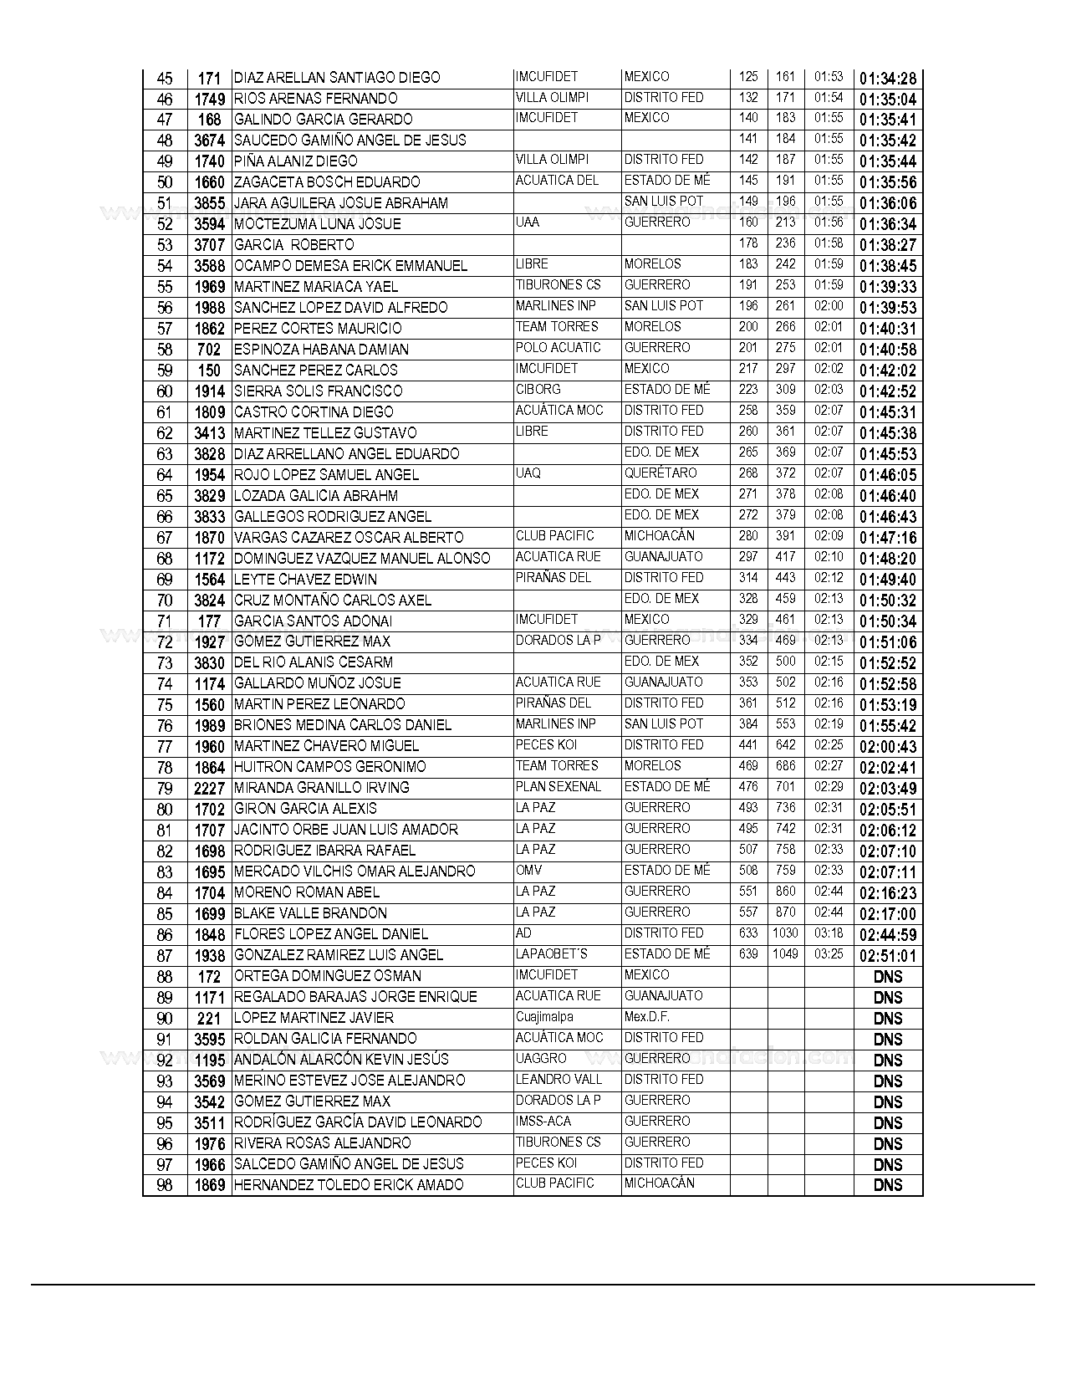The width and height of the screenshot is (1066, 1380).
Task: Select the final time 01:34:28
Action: point(887,79)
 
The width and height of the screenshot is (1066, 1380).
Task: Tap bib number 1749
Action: point(209,100)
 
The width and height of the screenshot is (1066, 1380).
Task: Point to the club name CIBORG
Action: point(538,390)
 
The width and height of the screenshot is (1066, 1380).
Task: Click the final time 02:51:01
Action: point(887,956)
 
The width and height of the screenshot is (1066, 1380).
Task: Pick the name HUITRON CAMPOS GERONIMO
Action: point(329,767)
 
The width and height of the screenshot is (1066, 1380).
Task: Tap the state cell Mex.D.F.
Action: point(647,1017)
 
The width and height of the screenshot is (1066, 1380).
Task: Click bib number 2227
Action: point(209,789)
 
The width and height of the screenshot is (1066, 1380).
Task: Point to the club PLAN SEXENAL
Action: point(559,787)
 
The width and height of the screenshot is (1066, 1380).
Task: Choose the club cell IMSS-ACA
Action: point(543,1122)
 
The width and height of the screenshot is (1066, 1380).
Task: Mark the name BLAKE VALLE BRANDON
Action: point(310,913)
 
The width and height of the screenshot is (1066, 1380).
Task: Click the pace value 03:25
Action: point(828,954)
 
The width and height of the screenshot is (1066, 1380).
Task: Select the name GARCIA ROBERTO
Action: point(293,245)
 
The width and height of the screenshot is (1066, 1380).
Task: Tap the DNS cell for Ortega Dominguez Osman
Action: point(887,977)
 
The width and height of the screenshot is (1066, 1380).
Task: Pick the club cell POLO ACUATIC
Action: point(558,348)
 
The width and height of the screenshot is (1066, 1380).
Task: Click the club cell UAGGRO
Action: point(541,1059)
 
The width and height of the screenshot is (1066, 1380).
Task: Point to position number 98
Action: point(165,1185)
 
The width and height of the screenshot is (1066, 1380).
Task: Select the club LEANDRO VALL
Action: point(559,1080)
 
